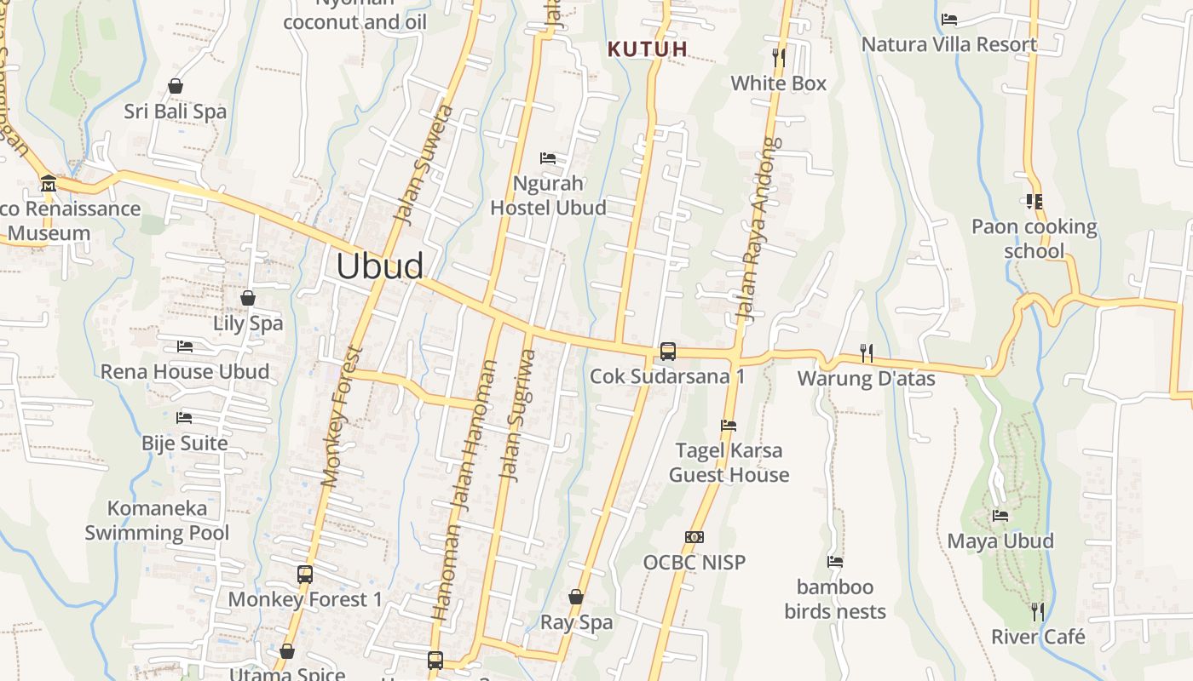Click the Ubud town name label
tap(379, 266)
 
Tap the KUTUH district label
tap(648, 49)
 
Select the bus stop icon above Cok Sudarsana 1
tap(668, 351)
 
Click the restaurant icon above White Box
tap(778, 58)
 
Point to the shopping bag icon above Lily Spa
tap(248, 298)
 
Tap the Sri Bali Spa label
tap(176, 112)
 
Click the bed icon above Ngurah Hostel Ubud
tap(548, 158)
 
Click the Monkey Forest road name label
tap(342, 416)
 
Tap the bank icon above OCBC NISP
tap(694, 537)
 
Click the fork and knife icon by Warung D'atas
tap(867, 352)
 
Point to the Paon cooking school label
tap(1035, 238)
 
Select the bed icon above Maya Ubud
tap(1000, 516)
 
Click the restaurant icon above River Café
tap(1037, 611)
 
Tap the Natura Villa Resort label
tap(949, 44)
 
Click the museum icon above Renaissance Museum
tap(49, 184)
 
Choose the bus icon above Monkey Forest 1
tap(305, 575)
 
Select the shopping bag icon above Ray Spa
tap(576, 597)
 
